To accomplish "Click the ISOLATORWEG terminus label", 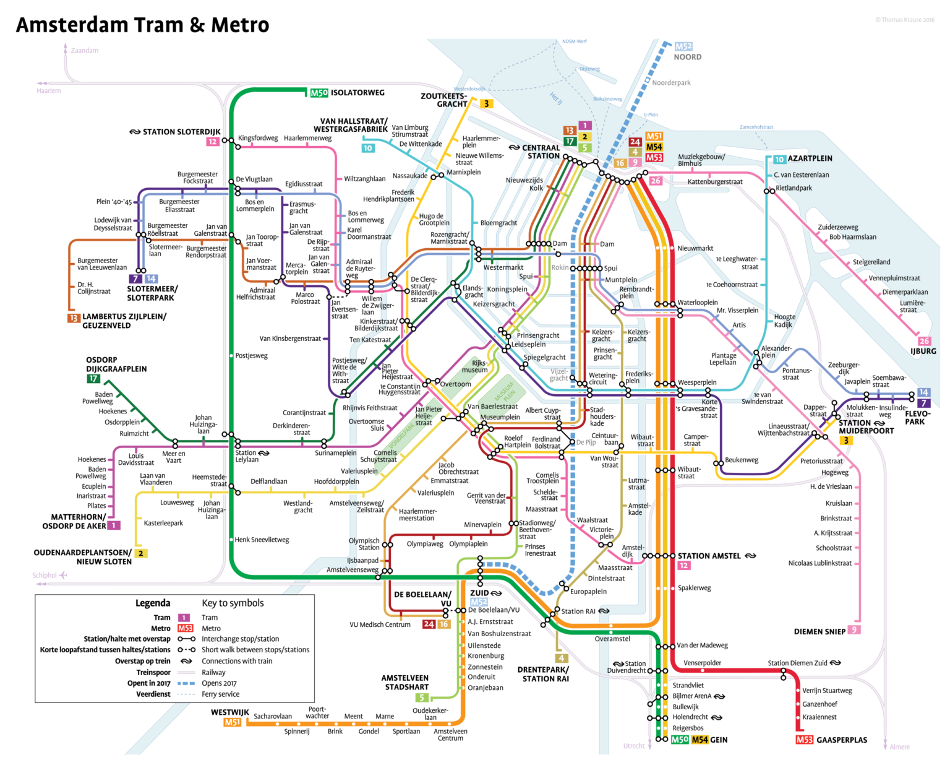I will click(357, 93).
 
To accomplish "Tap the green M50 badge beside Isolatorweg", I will click(319, 93).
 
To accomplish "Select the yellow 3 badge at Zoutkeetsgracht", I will click(487, 104).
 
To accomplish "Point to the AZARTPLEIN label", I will click(810, 158).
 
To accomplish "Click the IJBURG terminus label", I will click(923, 351).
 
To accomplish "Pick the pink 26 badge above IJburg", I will click(924, 341).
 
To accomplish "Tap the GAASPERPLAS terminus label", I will click(841, 740).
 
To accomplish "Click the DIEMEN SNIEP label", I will click(819, 631).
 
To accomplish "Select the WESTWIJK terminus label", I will click(229, 712).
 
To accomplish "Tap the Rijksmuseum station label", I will click(477, 366).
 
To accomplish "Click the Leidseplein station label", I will click(528, 344).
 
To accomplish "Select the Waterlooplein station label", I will click(698, 303).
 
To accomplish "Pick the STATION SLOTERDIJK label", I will click(181, 132).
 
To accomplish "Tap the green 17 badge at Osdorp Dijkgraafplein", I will click(93, 379).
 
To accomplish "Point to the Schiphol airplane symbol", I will click(63, 576).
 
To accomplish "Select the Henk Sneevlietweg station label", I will click(262, 540).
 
